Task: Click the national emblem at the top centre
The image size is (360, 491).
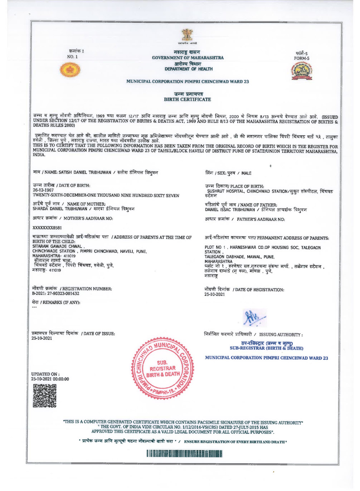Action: [x=187, y=36]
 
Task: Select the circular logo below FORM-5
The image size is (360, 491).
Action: [x=301, y=71]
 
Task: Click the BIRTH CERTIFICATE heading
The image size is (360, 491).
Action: [x=187, y=99]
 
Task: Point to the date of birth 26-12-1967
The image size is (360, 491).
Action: [x=43, y=190]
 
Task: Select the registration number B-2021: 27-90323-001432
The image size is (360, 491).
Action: [x=56, y=294]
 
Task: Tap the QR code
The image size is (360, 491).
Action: [x=45, y=396]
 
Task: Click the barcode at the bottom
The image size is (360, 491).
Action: [x=184, y=454]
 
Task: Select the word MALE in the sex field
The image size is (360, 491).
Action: [x=246, y=173]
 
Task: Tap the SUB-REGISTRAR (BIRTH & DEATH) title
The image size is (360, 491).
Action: [x=266, y=348]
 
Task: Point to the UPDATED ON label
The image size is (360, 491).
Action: [x=45, y=374]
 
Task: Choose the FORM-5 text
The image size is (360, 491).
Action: [x=302, y=58]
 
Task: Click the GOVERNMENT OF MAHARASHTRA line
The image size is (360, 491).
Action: [x=188, y=58]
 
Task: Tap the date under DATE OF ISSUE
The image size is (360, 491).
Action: [x=42, y=338]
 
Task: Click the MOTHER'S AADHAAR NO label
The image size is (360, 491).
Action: [x=88, y=219]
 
